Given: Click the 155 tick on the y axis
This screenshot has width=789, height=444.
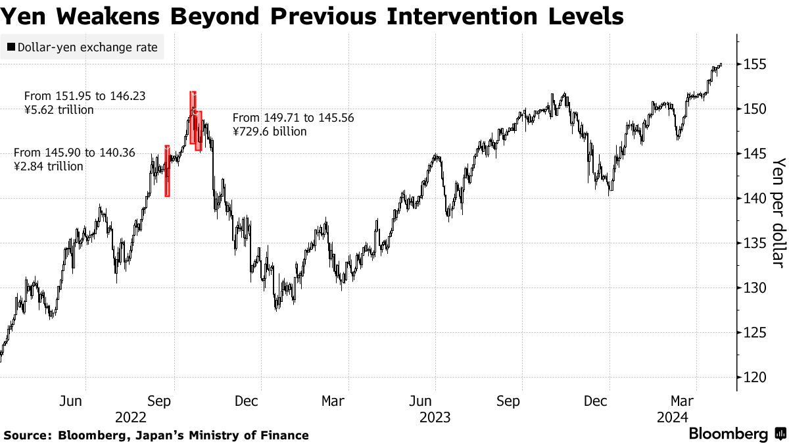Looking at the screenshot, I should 753,64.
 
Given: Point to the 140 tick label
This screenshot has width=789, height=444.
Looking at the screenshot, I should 753,199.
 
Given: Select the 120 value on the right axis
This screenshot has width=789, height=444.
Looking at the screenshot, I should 753,378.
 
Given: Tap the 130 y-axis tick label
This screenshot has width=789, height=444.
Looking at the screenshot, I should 753,288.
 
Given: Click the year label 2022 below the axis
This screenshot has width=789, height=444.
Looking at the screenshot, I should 130,417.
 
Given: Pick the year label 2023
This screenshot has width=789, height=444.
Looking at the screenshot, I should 435,417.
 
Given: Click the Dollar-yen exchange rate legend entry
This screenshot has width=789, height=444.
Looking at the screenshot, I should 82,47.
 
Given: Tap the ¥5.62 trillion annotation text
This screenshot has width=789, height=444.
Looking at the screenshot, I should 59,110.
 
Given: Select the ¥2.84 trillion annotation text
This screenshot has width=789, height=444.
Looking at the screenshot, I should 49,166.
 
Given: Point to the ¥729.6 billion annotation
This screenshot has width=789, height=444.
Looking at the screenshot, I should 270,132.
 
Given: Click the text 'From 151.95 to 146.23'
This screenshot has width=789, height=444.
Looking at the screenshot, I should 85,96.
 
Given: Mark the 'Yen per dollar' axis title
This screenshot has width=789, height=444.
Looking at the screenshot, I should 778,212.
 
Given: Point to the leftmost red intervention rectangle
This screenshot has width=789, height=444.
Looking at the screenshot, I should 167,170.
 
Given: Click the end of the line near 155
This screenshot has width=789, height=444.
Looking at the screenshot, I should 721,64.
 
